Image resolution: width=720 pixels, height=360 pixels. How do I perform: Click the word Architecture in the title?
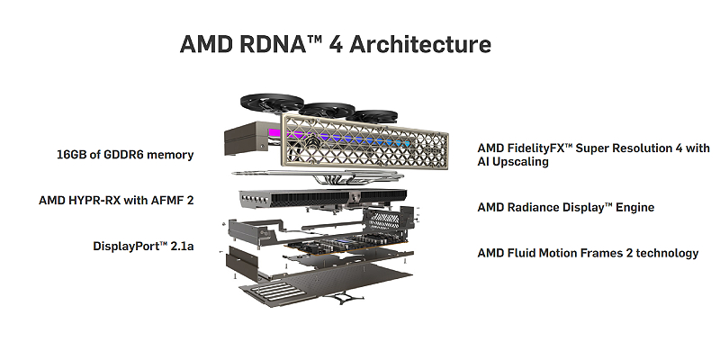(x=425, y=44)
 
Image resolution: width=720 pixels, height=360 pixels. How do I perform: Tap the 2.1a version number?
(x=180, y=246)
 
